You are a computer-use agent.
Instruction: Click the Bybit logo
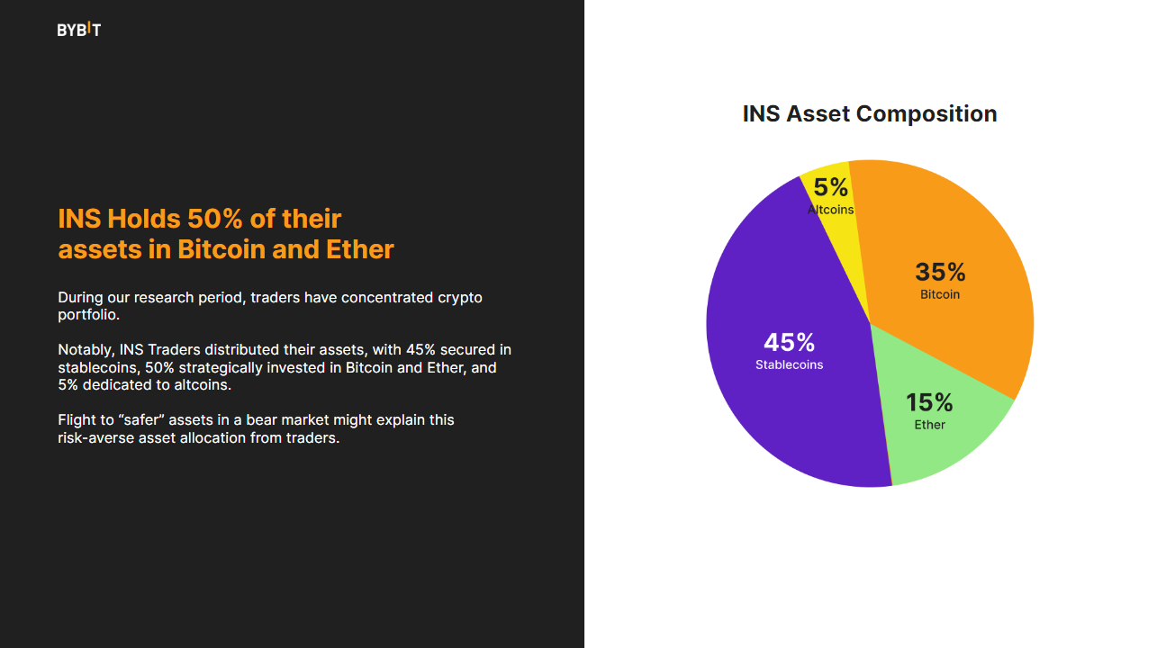(79, 30)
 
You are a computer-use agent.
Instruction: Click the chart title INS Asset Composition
(869, 114)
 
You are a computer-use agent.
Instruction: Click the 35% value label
(940, 272)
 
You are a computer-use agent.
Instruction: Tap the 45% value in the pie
(789, 343)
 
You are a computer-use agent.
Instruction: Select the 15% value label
(929, 402)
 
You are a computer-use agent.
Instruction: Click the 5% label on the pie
(830, 187)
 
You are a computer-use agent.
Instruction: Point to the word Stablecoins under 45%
(789, 365)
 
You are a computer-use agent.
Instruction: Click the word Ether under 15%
(929, 425)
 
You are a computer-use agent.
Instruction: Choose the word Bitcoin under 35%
(940, 294)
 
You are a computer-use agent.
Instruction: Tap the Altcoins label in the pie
(830, 210)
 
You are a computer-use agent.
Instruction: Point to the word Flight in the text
(76, 420)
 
